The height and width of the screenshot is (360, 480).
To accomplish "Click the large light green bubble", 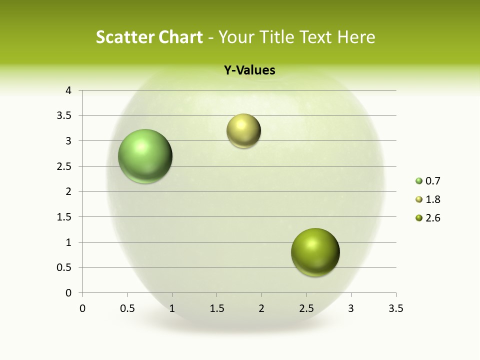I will pyautogui.click(x=145, y=156).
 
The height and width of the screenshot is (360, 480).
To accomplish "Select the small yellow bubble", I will pyautogui.click(x=243, y=131).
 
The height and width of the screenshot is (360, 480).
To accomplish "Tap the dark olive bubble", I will pyautogui.click(x=315, y=252).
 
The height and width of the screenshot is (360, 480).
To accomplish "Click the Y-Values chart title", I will pyautogui.click(x=249, y=70).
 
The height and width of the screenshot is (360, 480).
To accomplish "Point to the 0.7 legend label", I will pyautogui.click(x=432, y=181).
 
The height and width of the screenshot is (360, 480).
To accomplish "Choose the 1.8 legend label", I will pyautogui.click(x=432, y=199).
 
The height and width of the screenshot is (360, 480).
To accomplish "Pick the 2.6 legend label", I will pyautogui.click(x=432, y=218).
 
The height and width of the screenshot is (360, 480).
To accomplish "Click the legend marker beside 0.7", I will pyautogui.click(x=419, y=181).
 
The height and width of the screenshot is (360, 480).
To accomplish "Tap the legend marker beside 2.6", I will pyautogui.click(x=419, y=218).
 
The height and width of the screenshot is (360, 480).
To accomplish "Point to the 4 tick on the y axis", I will pyautogui.click(x=68, y=90).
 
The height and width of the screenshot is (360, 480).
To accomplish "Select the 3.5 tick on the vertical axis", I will pyautogui.click(x=65, y=115).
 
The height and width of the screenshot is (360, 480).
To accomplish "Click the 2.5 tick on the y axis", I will pyautogui.click(x=65, y=166).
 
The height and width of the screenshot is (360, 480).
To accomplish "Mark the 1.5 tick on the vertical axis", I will pyautogui.click(x=65, y=217).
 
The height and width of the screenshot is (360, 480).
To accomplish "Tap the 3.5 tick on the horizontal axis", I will pyautogui.click(x=395, y=308).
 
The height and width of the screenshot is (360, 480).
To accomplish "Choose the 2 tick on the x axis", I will pyautogui.click(x=261, y=308).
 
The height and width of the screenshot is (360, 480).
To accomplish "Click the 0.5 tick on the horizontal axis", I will pyautogui.click(x=127, y=308).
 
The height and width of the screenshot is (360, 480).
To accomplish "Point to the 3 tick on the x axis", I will pyautogui.click(x=351, y=308).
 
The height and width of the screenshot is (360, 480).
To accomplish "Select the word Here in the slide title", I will pyautogui.click(x=356, y=37).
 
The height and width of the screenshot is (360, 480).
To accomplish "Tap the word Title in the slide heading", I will pyautogui.click(x=275, y=37).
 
